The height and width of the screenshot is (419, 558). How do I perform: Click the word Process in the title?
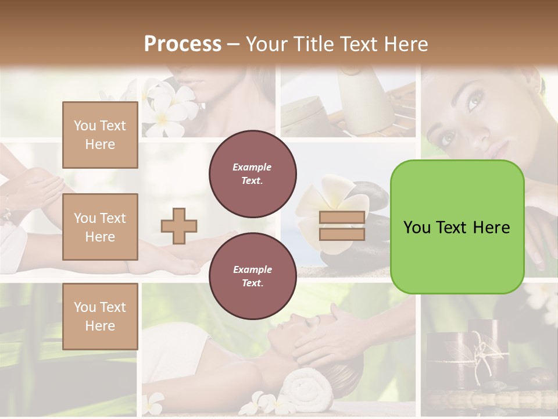tap(183, 44)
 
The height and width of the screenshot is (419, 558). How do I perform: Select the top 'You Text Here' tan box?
tap(100, 135)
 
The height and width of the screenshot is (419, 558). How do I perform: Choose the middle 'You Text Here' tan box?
tap(100, 227)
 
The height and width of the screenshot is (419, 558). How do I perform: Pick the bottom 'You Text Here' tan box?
tap(100, 316)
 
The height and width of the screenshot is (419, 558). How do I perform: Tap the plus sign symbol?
tap(179, 225)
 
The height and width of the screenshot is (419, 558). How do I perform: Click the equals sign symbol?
tap(342, 226)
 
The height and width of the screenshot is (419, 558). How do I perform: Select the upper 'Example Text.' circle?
tap(252, 174)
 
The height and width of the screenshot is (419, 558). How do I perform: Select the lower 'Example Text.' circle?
tap(252, 276)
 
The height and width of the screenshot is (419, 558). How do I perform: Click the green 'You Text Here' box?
tap(457, 227)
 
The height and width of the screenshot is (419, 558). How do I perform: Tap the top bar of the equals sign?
tap(342, 218)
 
